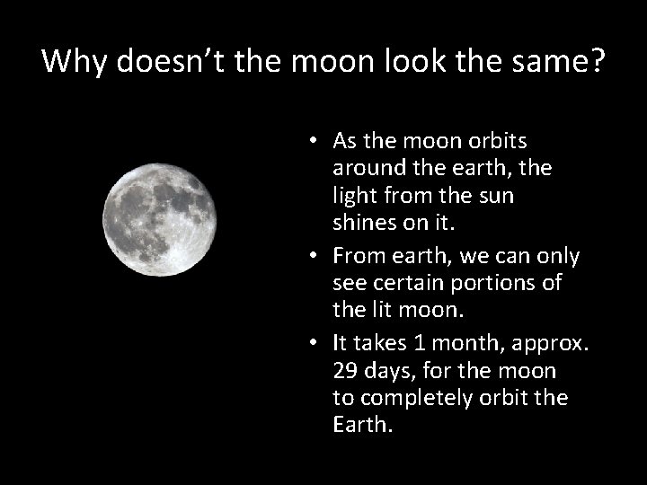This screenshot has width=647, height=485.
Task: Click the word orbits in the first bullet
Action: [495, 142]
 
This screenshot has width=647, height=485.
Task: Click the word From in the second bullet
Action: [359, 257]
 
